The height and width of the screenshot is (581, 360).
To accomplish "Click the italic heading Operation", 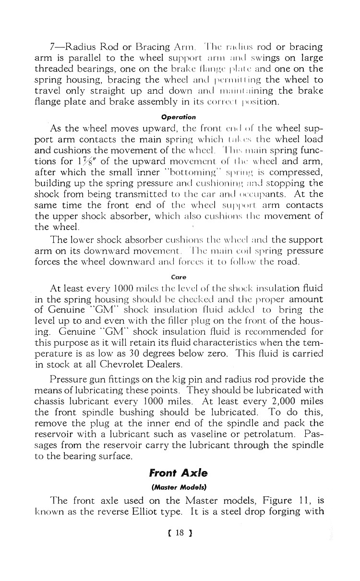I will tap(179, 117).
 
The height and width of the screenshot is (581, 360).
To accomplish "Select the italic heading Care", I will tap(179, 277).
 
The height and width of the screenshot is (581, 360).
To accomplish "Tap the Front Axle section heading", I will tap(178, 473).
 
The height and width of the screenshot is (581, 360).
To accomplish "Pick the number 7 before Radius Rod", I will tap(53, 47).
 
